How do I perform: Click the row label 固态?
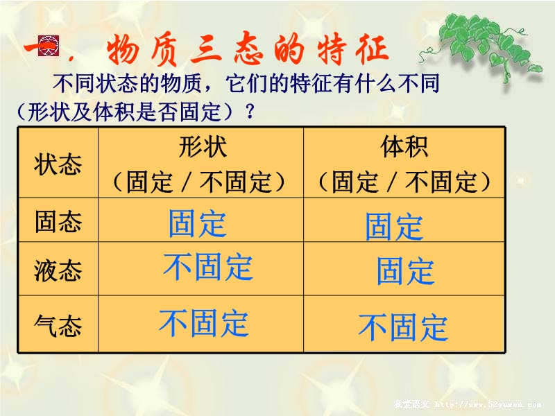(x=58, y=221)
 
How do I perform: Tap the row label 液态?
(x=58, y=270)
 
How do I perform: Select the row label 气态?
(x=58, y=325)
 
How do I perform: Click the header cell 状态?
(x=58, y=164)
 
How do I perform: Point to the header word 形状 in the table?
(x=203, y=146)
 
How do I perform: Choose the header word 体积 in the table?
(x=404, y=146)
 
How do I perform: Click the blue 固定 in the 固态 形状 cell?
(x=198, y=223)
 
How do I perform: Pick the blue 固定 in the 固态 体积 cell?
(x=394, y=227)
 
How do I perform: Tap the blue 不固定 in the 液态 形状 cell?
(x=207, y=266)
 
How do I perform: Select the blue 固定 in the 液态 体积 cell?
(x=406, y=271)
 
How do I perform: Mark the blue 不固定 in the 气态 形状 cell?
(x=203, y=322)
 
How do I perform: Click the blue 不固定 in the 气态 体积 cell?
(x=403, y=327)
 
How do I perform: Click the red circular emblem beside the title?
(x=48, y=45)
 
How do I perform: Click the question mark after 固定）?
(x=250, y=112)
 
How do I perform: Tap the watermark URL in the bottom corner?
(x=488, y=404)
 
